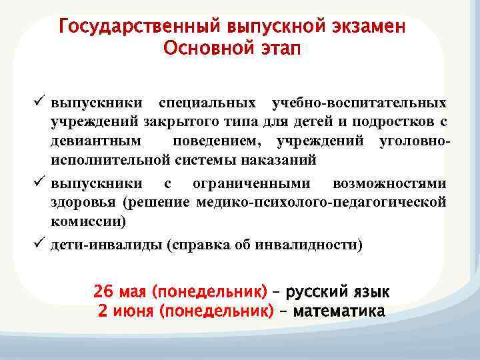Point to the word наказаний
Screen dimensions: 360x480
coord(277,160)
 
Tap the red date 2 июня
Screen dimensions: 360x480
coord(127,311)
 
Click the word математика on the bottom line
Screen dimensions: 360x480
coord(339,311)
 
